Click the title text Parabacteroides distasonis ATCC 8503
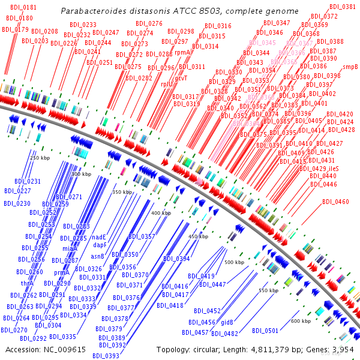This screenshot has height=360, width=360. point(180,11)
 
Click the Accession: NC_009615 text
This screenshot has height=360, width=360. point(46,349)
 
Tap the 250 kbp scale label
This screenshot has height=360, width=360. point(40,158)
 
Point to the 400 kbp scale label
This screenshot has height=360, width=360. point(161,213)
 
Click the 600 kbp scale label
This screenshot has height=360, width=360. point(301,321)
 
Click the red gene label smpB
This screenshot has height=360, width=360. point(350,67)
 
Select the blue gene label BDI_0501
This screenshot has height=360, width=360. point(265,331)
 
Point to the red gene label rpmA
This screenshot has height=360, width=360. point(182,52)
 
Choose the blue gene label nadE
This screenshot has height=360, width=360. point(99,237)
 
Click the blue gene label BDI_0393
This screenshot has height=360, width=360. point(106,355)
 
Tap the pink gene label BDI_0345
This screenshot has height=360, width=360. point(262,43)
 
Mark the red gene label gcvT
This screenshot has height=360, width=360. point(181,78)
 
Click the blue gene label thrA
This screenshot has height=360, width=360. point(27,283)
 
